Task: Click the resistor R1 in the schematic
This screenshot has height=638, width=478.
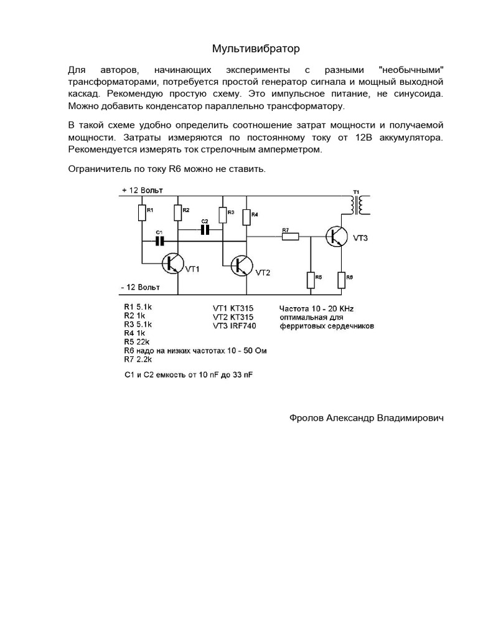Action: pos(141,213)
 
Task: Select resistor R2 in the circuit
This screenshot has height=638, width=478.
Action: pos(178,212)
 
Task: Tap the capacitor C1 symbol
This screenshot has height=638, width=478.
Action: pos(159,240)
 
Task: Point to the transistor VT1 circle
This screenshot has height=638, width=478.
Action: pos(172,264)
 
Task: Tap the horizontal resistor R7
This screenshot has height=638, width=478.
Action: pos(290,236)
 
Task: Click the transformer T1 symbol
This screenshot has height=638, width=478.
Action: pos(357,204)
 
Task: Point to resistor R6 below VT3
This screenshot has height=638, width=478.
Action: pos(341,280)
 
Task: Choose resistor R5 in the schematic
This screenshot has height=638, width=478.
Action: pos(311,280)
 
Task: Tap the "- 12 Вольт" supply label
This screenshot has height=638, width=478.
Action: pos(141,287)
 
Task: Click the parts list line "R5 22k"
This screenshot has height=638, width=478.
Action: pos(138,342)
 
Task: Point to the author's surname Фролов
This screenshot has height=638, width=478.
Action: pos(307,419)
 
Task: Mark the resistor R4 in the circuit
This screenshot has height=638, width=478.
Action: pos(248,217)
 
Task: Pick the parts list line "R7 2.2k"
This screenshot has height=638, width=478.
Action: pos(139,359)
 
